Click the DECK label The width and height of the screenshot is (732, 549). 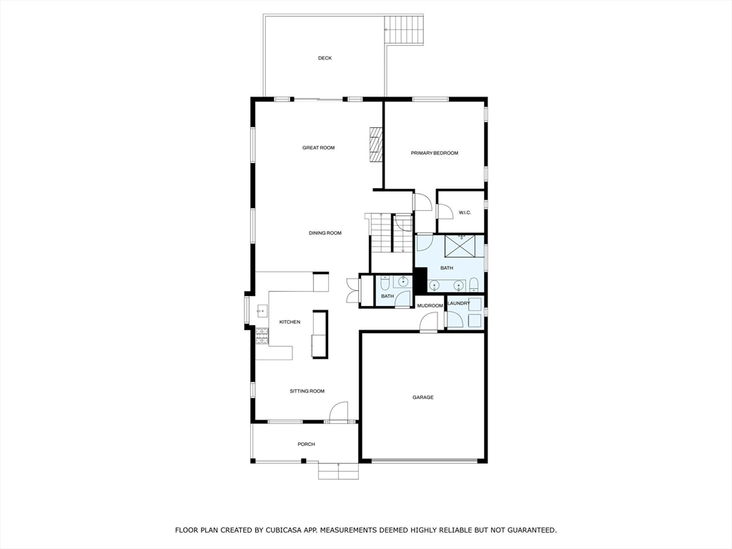pyautogui.click(x=325, y=58)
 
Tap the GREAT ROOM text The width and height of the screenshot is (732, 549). pyautogui.click(x=318, y=148)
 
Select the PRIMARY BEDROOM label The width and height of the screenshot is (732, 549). pyautogui.click(x=434, y=153)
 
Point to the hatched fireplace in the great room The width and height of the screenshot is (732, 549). pyautogui.click(x=376, y=146)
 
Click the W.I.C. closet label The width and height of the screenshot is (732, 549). pyautogui.click(x=464, y=212)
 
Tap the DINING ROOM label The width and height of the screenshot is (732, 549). pyautogui.click(x=325, y=233)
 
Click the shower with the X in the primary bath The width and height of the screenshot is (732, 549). pyautogui.click(x=461, y=246)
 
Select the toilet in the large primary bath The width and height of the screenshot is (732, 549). pyautogui.click(x=473, y=285)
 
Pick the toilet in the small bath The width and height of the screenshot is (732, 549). pyautogui.click(x=385, y=282)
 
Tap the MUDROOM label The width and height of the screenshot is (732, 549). pyautogui.click(x=430, y=306)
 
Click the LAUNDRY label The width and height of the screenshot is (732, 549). pyautogui.click(x=459, y=303)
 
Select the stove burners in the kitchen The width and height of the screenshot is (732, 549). pyautogui.click(x=262, y=335)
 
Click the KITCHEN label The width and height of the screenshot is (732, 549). pyautogui.click(x=290, y=322)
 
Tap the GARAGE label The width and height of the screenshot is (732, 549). pyautogui.click(x=422, y=397)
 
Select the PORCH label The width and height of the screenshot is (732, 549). pyautogui.click(x=306, y=445)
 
